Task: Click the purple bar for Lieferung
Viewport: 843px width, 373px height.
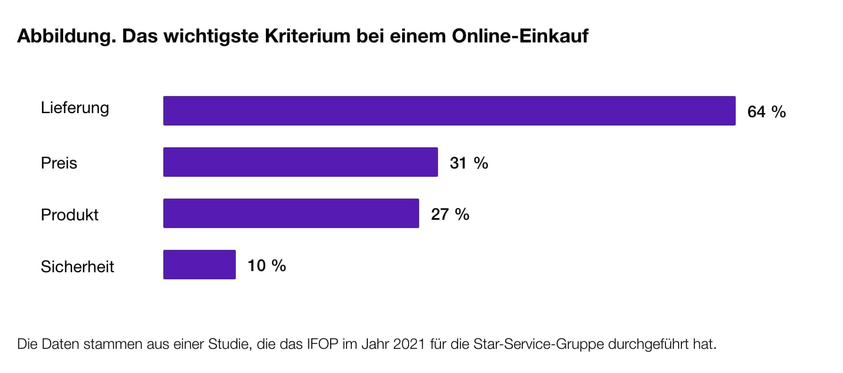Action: point(449,111)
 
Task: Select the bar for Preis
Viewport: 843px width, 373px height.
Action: point(301,162)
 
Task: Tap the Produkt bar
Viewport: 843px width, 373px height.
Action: point(291,213)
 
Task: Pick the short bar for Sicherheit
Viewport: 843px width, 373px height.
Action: point(199,265)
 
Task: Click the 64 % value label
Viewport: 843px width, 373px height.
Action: point(766,112)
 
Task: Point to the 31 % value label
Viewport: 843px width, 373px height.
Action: point(469,163)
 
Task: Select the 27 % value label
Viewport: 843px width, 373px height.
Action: point(450,214)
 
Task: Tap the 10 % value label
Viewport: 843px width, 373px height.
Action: point(266,266)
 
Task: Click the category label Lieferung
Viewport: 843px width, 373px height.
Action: point(75,108)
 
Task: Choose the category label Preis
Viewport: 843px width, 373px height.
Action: point(59,163)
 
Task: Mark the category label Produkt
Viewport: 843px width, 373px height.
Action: point(70,214)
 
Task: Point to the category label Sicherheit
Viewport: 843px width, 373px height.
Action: point(77,266)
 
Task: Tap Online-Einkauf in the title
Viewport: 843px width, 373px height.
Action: point(520,37)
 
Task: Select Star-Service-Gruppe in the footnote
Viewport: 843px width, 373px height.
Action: point(538,344)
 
